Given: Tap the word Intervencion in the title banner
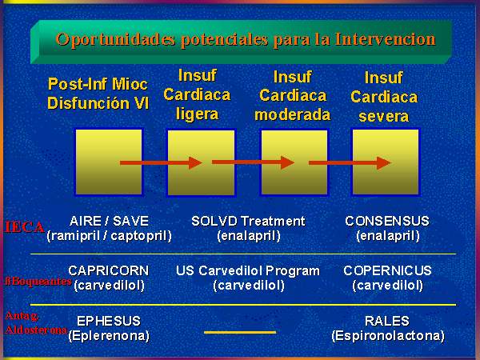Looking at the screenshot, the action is click(x=385, y=39).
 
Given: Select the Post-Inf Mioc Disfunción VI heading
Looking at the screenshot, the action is click(x=98, y=94).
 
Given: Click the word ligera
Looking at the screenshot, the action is click(x=197, y=114).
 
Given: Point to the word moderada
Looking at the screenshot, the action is click(x=292, y=114).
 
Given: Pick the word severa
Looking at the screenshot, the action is click(x=383, y=116).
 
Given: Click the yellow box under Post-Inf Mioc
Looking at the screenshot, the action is click(x=109, y=162).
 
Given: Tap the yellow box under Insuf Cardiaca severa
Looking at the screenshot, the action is click(x=386, y=162).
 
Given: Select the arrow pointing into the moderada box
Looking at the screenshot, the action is click(x=253, y=162).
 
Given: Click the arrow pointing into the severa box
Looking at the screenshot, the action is click(x=350, y=163).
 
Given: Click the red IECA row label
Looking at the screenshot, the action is click(x=24, y=227).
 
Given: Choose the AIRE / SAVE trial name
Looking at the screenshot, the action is click(x=109, y=221).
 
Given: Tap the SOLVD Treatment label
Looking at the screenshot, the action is click(x=248, y=221).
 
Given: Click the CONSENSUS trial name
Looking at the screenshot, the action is click(x=387, y=221).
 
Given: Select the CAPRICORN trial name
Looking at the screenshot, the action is click(x=109, y=270).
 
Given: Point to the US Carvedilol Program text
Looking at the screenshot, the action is click(x=248, y=270).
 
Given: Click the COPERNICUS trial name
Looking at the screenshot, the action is click(x=387, y=270).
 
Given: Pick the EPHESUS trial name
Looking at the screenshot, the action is click(x=109, y=321).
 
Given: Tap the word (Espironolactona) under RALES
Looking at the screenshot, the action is click(x=388, y=336).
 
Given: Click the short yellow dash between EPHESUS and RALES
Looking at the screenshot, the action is click(x=240, y=332).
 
